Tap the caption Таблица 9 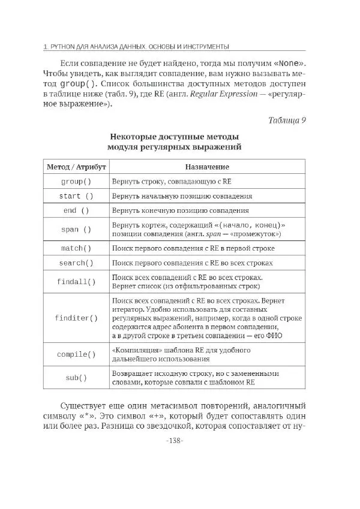tap(286, 120)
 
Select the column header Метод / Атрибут tap(76, 166)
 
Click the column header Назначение tap(206, 166)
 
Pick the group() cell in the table tap(76, 181)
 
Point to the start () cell tap(76, 196)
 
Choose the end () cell tap(76, 211)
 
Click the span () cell tap(76, 229)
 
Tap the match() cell tap(76, 248)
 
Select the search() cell tap(76, 263)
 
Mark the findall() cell tap(76, 282)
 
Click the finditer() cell tap(76, 318)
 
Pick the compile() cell tap(76, 354)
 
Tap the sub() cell tap(76, 378)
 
